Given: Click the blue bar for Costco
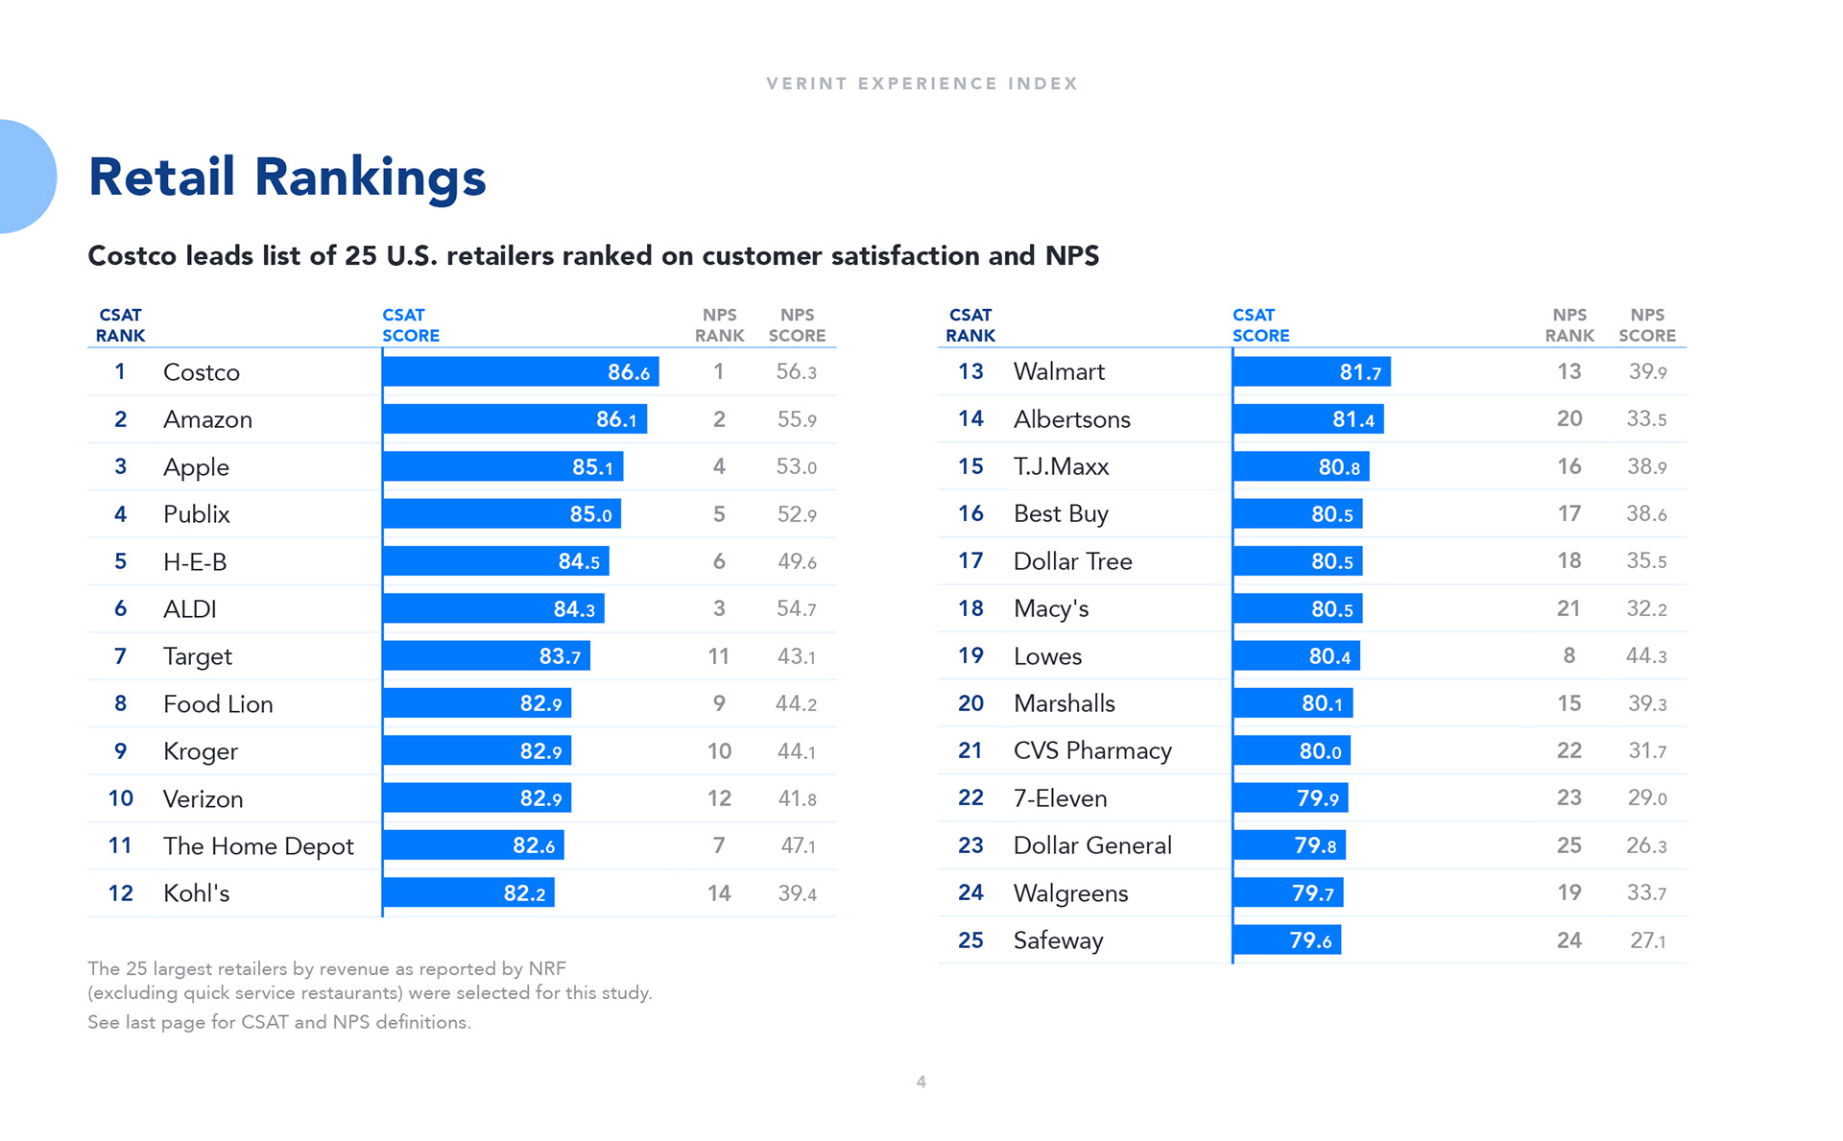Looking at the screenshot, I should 520,371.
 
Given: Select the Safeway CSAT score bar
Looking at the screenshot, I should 1286,939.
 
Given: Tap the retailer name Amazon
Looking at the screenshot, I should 207,419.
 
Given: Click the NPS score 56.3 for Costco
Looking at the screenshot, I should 796,371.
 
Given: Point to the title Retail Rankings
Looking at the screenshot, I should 287,178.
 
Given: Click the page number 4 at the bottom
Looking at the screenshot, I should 921,1082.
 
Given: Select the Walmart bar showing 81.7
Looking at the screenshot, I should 1311,371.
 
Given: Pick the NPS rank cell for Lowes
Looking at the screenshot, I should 1568,655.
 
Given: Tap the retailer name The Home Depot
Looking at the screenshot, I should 258,845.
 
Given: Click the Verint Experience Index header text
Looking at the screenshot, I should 921,83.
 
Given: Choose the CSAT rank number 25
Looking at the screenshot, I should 970,939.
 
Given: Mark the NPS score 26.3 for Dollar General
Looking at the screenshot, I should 1646,845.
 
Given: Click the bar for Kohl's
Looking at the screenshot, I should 468,892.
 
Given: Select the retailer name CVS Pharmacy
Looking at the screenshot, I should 1092,750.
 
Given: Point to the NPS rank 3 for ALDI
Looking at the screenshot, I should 719,608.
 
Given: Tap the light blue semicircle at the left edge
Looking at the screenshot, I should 24,177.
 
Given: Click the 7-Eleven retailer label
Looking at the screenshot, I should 1060,798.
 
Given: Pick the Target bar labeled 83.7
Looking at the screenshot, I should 486,656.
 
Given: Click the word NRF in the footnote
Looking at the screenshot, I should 547,968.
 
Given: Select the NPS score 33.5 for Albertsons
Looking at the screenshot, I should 1646,418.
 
